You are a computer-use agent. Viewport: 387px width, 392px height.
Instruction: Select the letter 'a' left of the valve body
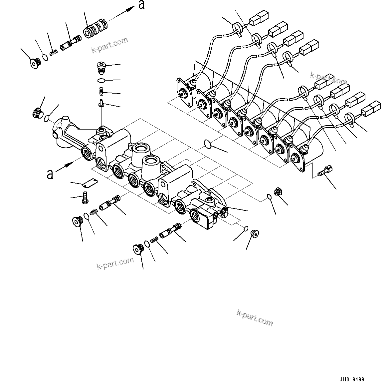pos(50,174)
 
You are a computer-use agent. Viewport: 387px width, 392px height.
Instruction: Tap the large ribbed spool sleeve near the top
pos(96,29)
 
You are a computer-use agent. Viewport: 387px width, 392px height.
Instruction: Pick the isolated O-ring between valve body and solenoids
pos(207,144)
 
